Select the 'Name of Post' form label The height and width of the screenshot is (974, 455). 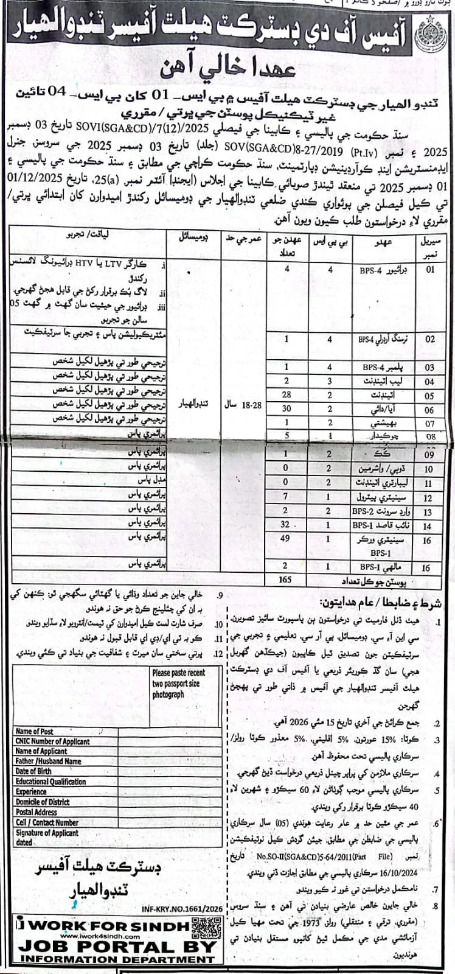point(35,731)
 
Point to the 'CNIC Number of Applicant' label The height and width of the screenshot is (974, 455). point(52,741)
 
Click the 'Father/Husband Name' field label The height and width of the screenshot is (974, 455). point(48,761)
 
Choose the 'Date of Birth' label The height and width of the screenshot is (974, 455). point(33,771)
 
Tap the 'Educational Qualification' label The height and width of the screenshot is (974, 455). point(51,781)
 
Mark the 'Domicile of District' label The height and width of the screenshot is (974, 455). point(43,802)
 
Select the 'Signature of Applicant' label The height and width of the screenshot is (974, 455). point(47,832)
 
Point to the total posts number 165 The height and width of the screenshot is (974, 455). point(285,580)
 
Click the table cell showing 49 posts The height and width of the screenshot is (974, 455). point(285,539)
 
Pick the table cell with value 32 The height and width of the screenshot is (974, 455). point(285,524)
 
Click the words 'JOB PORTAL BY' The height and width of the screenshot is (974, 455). point(117,947)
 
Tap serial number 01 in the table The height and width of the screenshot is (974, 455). point(430,270)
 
